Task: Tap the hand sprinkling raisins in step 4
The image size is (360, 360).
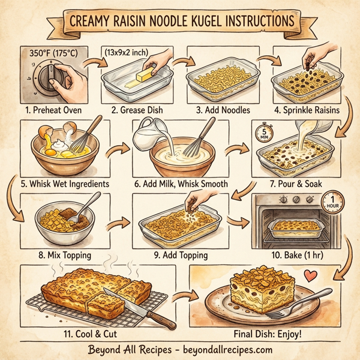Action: coord(312,58)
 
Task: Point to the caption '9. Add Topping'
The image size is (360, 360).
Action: coord(181,255)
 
